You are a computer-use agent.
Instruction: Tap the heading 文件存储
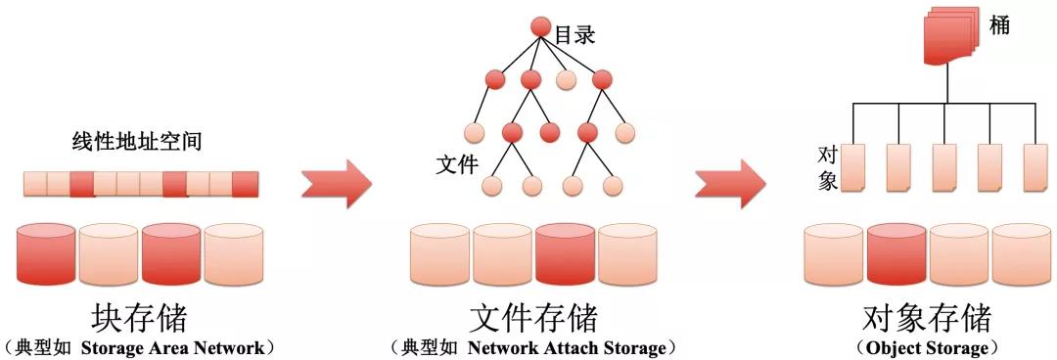[x=533, y=317]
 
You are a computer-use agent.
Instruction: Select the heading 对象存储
[x=928, y=317]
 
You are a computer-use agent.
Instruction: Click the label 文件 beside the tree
[x=457, y=164]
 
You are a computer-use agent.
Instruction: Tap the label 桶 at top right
[x=998, y=26]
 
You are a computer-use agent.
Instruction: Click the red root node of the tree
[x=541, y=27]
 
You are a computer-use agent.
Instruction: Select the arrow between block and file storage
[x=336, y=181]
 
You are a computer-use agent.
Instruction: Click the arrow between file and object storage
[x=729, y=181]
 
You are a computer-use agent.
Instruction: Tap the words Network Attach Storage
[x=568, y=347]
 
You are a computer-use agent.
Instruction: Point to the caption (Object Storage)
[x=928, y=347]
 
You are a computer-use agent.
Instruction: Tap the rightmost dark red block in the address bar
[x=245, y=182]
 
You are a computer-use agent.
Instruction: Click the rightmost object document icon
[x=1035, y=168]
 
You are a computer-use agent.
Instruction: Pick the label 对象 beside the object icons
[x=827, y=168]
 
